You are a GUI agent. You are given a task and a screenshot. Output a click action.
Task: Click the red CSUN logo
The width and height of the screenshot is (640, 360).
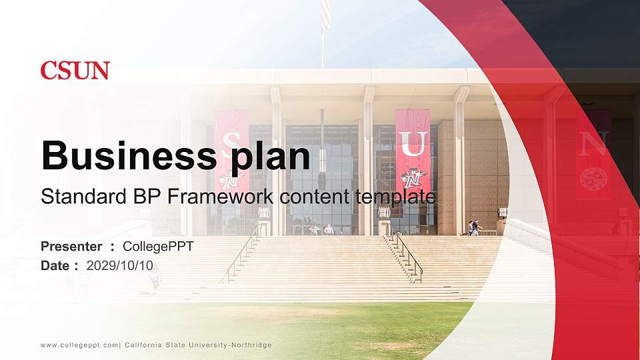75,71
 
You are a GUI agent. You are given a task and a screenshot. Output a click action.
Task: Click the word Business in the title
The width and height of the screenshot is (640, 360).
125,156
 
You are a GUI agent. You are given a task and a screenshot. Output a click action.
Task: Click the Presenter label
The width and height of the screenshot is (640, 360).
71,247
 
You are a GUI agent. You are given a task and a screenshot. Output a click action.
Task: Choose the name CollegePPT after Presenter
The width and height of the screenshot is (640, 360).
158,247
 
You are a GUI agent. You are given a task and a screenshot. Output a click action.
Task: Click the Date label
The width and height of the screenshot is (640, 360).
55,265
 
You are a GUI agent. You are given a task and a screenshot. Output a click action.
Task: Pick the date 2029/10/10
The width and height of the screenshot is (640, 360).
120,265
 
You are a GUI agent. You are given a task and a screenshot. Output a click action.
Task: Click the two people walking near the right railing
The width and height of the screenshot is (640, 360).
473,228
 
